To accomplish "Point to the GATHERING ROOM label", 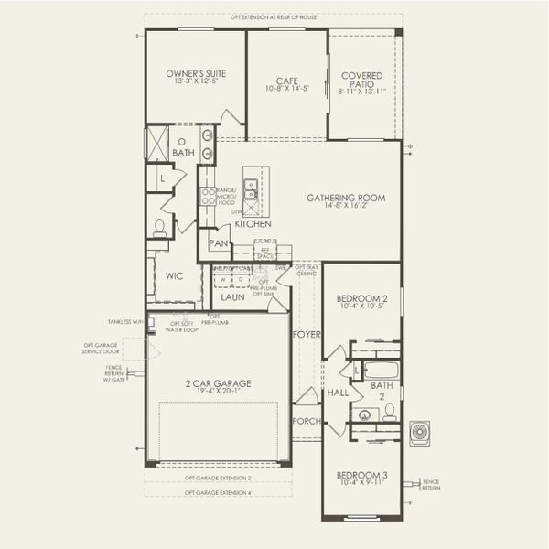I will pos(346,198).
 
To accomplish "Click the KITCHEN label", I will pos(253,223).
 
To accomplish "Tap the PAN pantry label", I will pos(218,243).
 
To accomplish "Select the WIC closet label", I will pos(176,275).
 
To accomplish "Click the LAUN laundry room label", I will pos(232,297).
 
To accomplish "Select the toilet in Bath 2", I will pos(388,415).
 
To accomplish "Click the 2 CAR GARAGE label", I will pos(217,383).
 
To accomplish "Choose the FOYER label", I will pos(307,335).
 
